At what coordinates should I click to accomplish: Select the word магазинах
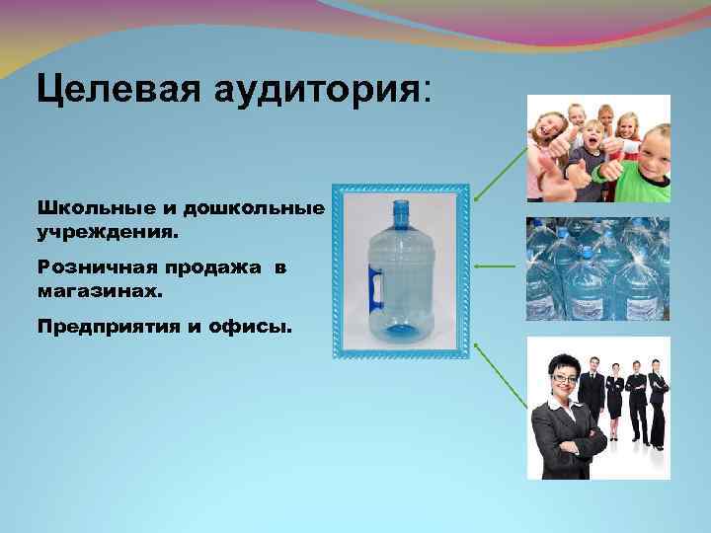click(90, 292)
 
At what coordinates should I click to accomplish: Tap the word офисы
click(257, 326)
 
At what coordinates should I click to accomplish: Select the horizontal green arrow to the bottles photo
click(495, 266)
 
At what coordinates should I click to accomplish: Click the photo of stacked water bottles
click(597, 269)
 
